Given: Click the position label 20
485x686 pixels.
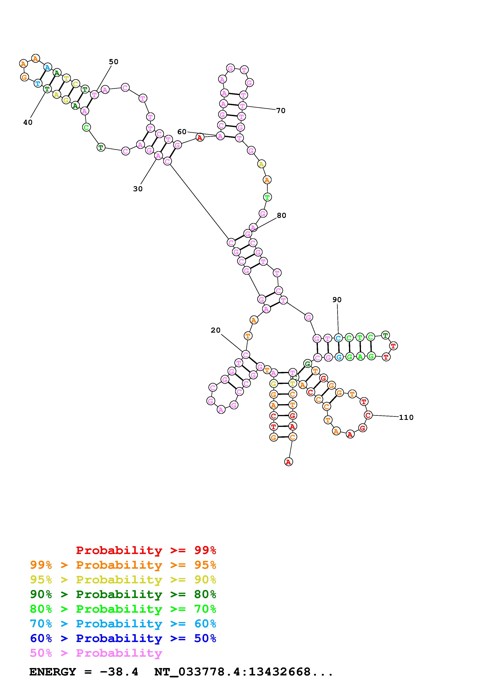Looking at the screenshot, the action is click(215, 330).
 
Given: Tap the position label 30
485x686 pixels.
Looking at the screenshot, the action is click(138, 189).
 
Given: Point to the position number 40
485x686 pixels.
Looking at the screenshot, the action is click(28, 122).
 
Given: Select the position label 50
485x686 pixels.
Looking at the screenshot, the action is click(113, 62).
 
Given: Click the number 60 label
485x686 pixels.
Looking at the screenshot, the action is click(182, 132).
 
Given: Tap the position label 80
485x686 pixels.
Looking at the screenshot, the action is click(282, 215).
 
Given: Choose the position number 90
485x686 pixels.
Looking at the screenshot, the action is click(337, 300).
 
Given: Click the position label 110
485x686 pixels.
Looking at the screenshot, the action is click(406, 417).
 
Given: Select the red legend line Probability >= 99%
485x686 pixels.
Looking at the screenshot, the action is click(146, 550).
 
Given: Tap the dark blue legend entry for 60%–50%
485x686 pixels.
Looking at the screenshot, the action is click(123, 638).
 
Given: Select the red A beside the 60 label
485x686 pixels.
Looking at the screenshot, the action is click(200, 137).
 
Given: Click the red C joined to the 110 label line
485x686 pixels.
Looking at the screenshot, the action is click(368, 415).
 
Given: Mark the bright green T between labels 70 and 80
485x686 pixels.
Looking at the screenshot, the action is click(267, 197).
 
